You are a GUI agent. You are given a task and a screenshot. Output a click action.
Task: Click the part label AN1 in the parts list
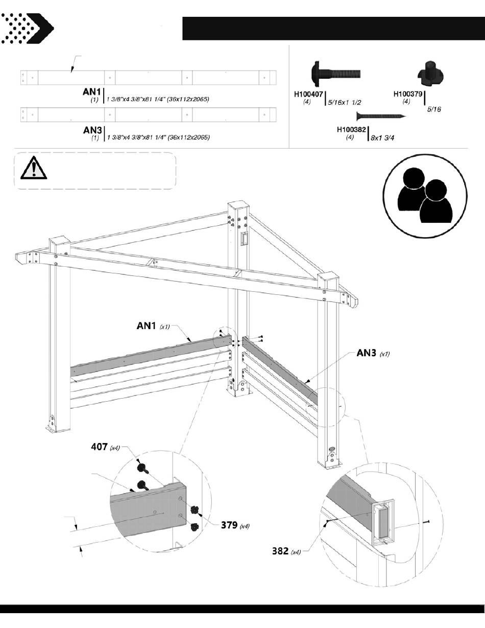pyautogui.click(x=92, y=92)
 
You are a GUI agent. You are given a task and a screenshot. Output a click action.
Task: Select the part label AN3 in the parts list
pyautogui.click(x=93, y=131)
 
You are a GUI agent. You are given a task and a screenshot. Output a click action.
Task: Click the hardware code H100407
pyautogui.click(x=308, y=94)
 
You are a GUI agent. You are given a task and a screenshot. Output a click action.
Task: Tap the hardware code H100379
pyautogui.click(x=408, y=94)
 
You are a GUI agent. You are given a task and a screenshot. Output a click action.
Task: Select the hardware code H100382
pyautogui.click(x=351, y=130)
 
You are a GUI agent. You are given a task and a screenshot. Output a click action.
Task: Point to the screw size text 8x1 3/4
pyautogui.click(x=386, y=138)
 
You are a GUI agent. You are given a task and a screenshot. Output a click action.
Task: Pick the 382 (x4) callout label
pyautogui.click(x=286, y=551)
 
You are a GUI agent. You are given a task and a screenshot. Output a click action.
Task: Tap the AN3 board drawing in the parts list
pyautogui.click(x=148, y=115)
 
